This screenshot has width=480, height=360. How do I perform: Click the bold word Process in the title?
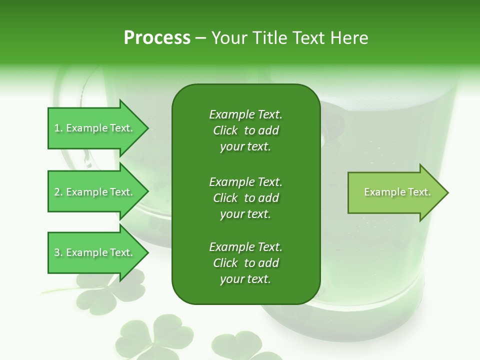pyautogui.click(x=157, y=38)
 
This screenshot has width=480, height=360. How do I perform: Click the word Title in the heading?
pyautogui.click(x=270, y=38)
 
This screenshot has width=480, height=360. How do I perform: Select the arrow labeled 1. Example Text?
pyautogui.click(x=95, y=128)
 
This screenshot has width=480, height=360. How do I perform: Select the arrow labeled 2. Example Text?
pyautogui.click(x=95, y=192)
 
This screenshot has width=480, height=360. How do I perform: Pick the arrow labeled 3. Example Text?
pyautogui.click(x=95, y=252)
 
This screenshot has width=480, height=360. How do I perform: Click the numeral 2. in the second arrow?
pyautogui.click(x=58, y=192)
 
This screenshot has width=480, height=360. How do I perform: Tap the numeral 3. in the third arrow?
pyautogui.click(x=58, y=252)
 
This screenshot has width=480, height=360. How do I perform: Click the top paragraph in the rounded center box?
pyautogui.click(x=245, y=130)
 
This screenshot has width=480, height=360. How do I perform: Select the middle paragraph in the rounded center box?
pyautogui.click(x=245, y=198)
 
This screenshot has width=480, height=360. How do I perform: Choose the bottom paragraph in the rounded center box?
pyautogui.click(x=245, y=263)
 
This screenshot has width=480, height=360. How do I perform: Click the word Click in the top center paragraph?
pyautogui.click(x=225, y=130)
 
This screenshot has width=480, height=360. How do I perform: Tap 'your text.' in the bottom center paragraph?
pyautogui.click(x=245, y=279)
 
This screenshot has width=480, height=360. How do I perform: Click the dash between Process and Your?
pyautogui.click(x=200, y=38)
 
